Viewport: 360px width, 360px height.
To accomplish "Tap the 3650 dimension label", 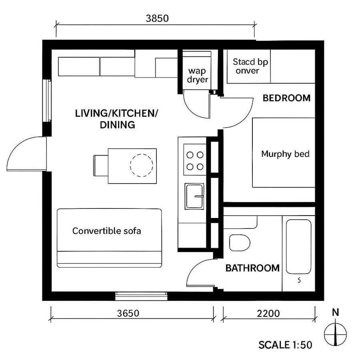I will (x=128, y=313).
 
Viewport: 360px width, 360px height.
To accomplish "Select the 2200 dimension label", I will (x=268, y=313).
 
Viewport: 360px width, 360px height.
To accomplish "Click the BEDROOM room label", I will (x=286, y=98).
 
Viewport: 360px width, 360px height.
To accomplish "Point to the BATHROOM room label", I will (x=252, y=268).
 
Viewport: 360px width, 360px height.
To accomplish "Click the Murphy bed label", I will (x=285, y=154).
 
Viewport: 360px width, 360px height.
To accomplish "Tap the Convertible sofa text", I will (x=106, y=231).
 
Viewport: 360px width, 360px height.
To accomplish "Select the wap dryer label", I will (x=198, y=76).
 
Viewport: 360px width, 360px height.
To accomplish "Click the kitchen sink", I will (x=194, y=196).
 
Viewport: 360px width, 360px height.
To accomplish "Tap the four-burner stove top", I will (x=194, y=160).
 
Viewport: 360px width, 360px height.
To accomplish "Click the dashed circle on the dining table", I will (x=142, y=166).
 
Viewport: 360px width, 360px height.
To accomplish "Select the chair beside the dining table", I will (x=100, y=166).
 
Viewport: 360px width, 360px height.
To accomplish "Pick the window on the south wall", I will (x=141, y=296).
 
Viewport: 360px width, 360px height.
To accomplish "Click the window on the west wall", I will (x=47, y=101).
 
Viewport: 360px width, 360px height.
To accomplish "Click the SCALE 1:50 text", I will (x=285, y=344).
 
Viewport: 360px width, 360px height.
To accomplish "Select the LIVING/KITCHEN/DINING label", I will (x=116, y=119).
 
